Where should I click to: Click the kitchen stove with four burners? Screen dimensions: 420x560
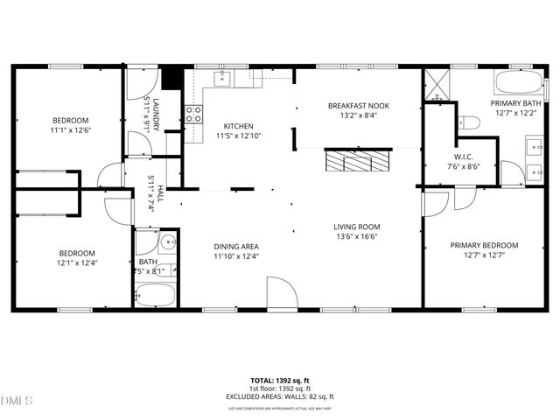193,113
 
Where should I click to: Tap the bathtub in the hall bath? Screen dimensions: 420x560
156,295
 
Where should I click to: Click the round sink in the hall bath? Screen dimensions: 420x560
168,244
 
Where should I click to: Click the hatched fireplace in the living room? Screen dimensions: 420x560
354,160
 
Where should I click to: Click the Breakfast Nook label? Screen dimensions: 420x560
359,106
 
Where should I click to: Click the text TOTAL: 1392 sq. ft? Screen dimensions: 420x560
280,381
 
